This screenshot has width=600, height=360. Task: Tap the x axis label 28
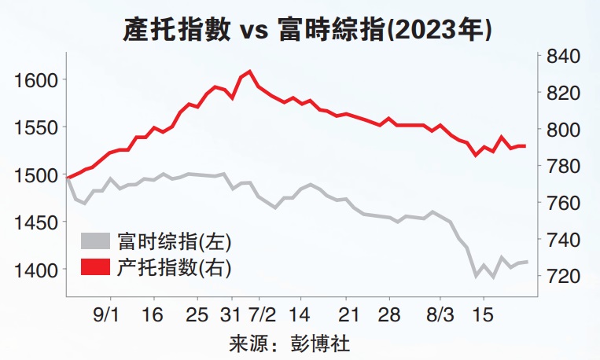click(x=389, y=314)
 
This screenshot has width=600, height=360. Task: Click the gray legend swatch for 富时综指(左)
click(x=98, y=241)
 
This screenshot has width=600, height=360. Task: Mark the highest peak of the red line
click(x=249, y=72)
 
